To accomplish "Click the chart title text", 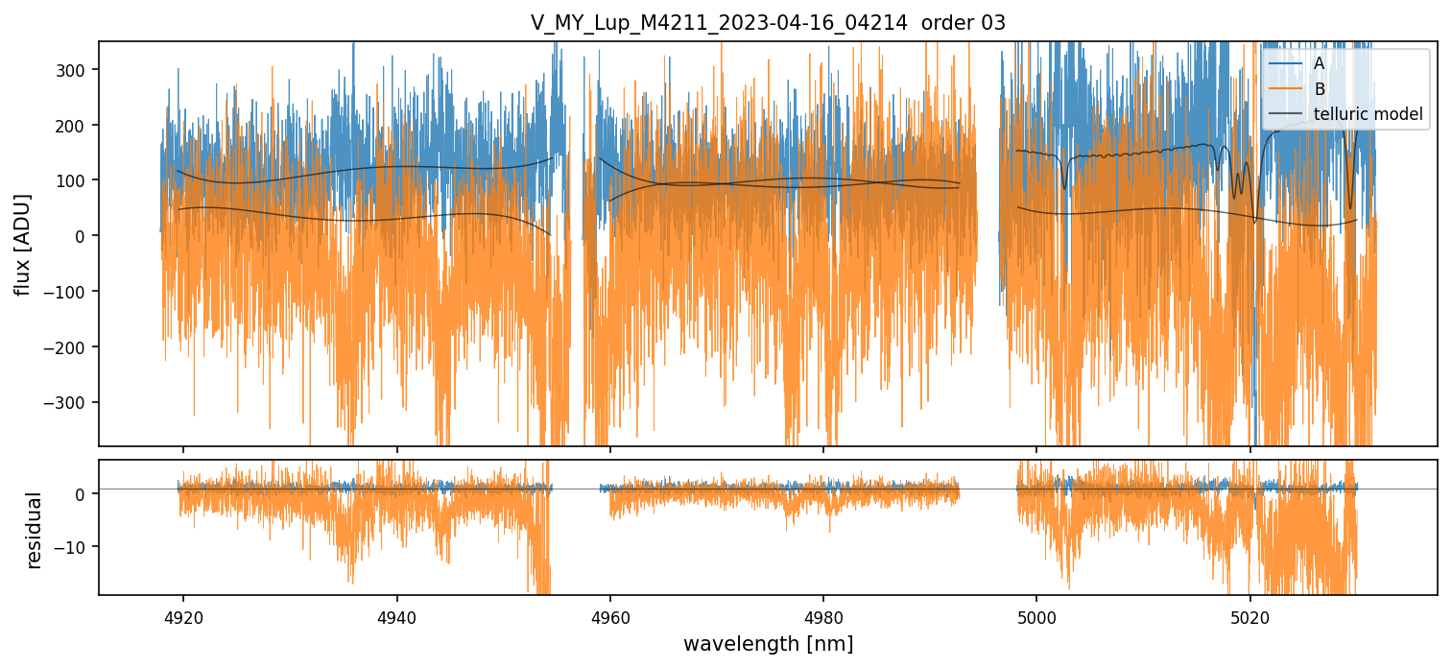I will [x=768, y=23].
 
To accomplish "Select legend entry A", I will [x=1319, y=63].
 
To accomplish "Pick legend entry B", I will [x=1319, y=89].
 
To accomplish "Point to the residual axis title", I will [x=35, y=530].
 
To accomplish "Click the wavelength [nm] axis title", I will [x=768, y=643].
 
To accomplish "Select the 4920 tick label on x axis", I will [x=183, y=615].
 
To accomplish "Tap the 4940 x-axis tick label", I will [x=397, y=615].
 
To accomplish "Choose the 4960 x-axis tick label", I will [x=610, y=615].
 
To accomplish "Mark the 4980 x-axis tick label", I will [x=823, y=615].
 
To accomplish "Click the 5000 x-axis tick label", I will [x=1036, y=615].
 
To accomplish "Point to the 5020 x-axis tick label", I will [x=1250, y=615].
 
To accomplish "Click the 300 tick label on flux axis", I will [x=75, y=70].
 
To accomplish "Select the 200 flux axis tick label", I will [x=75, y=126].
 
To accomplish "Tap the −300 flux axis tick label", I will [x=70, y=402].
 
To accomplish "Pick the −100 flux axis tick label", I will [x=70, y=292].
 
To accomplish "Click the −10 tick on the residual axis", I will [x=75, y=546].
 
